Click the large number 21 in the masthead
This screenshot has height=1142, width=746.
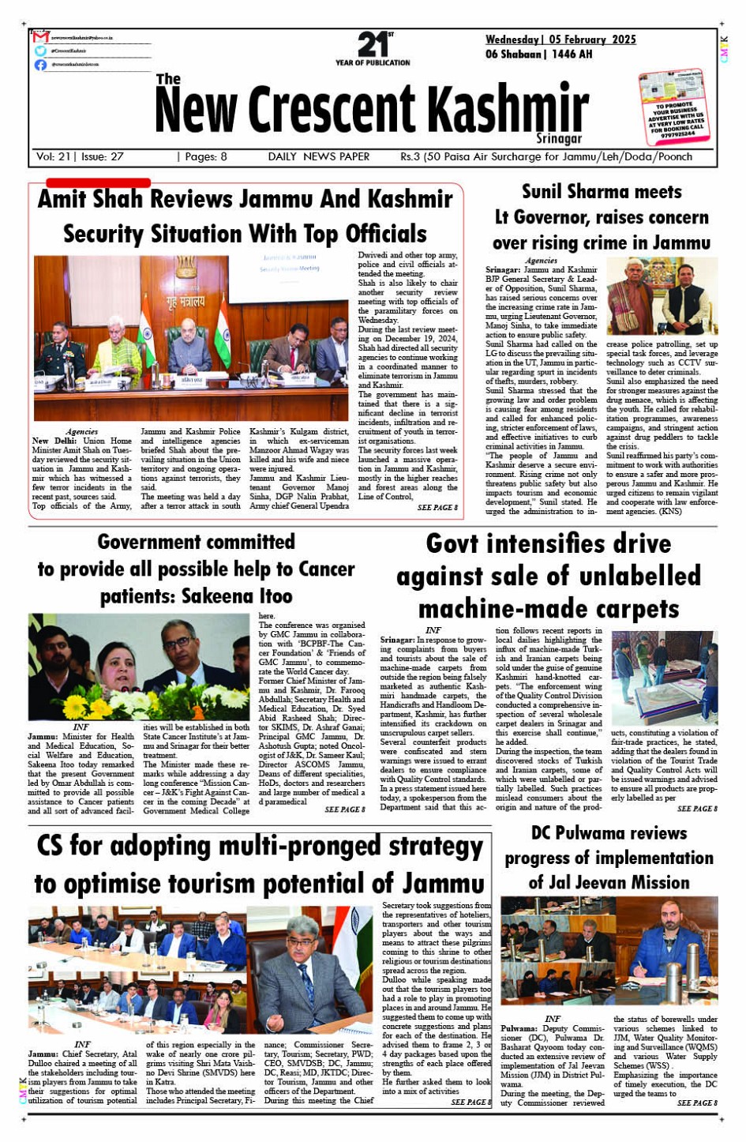point(372,44)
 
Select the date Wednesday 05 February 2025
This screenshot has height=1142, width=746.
point(560,39)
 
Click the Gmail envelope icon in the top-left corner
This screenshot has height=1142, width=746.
point(41,37)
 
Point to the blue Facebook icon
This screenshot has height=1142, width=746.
point(41,65)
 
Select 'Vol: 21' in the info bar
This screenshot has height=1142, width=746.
point(54,156)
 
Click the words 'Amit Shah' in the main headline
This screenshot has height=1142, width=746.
point(90,199)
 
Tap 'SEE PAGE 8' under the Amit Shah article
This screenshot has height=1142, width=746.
point(437,507)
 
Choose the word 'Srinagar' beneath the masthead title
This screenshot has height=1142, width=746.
point(558,138)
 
